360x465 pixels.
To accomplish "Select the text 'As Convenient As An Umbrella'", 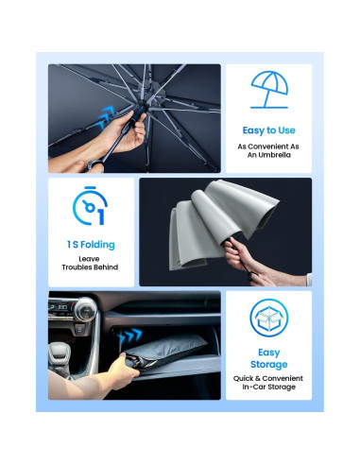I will pyautogui.click(x=268, y=151).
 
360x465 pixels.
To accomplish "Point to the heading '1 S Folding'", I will pyautogui.click(x=91, y=245).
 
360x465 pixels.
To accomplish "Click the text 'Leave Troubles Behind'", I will pyautogui.click(x=91, y=264).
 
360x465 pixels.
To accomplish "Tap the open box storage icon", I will pyautogui.click(x=268, y=318).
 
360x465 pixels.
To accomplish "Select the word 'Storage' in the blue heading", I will pyautogui.click(x=268, y=364).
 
